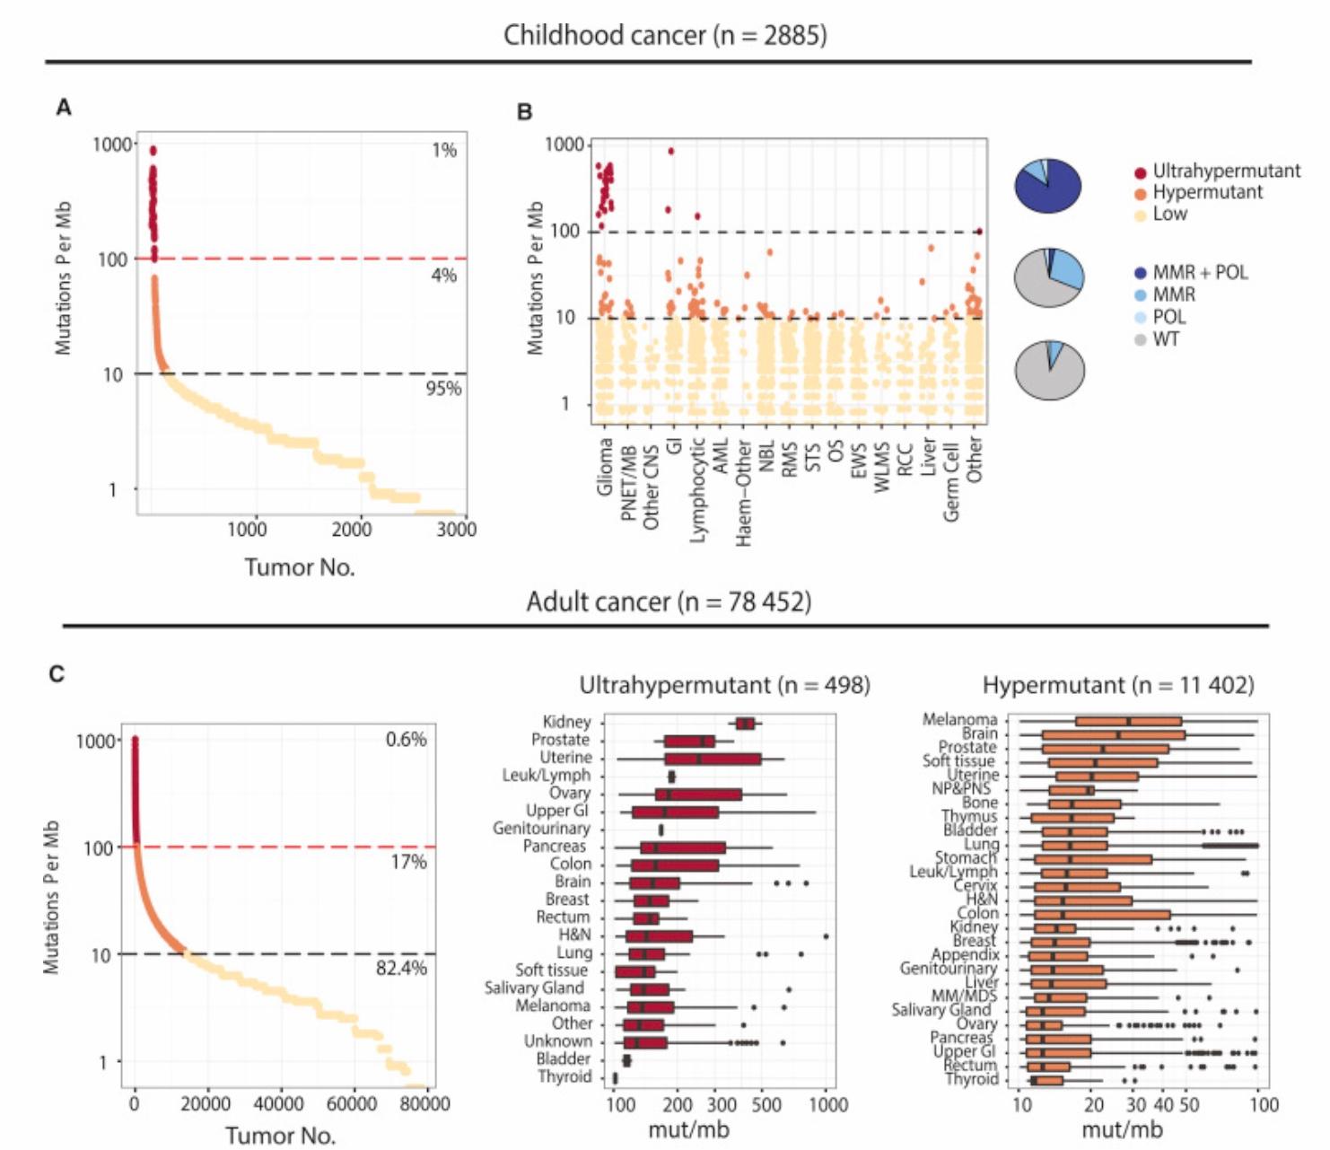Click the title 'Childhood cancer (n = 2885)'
coord(664,35)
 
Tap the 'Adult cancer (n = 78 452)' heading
coord(669,601)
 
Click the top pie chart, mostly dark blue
coord(1047,186)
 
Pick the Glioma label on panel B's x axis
coord(605,466)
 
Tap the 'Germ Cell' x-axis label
coord(951,479)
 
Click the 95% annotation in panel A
coord(442,388)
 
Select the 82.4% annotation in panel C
coord(401,968)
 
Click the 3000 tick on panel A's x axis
coord(456,530)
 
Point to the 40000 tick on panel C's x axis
coord(278,1102)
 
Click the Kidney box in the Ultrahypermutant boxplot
coord(745,724)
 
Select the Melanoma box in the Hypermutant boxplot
coord(1128,721)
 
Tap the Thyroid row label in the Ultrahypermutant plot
coord(564,1076)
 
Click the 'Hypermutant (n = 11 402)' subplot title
coord(1117,685)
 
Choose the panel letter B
coord(525,112)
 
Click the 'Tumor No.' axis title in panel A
coord(300,567)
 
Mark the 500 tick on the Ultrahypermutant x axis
coord(766,1104)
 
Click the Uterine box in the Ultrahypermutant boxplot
coord(713,759)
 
